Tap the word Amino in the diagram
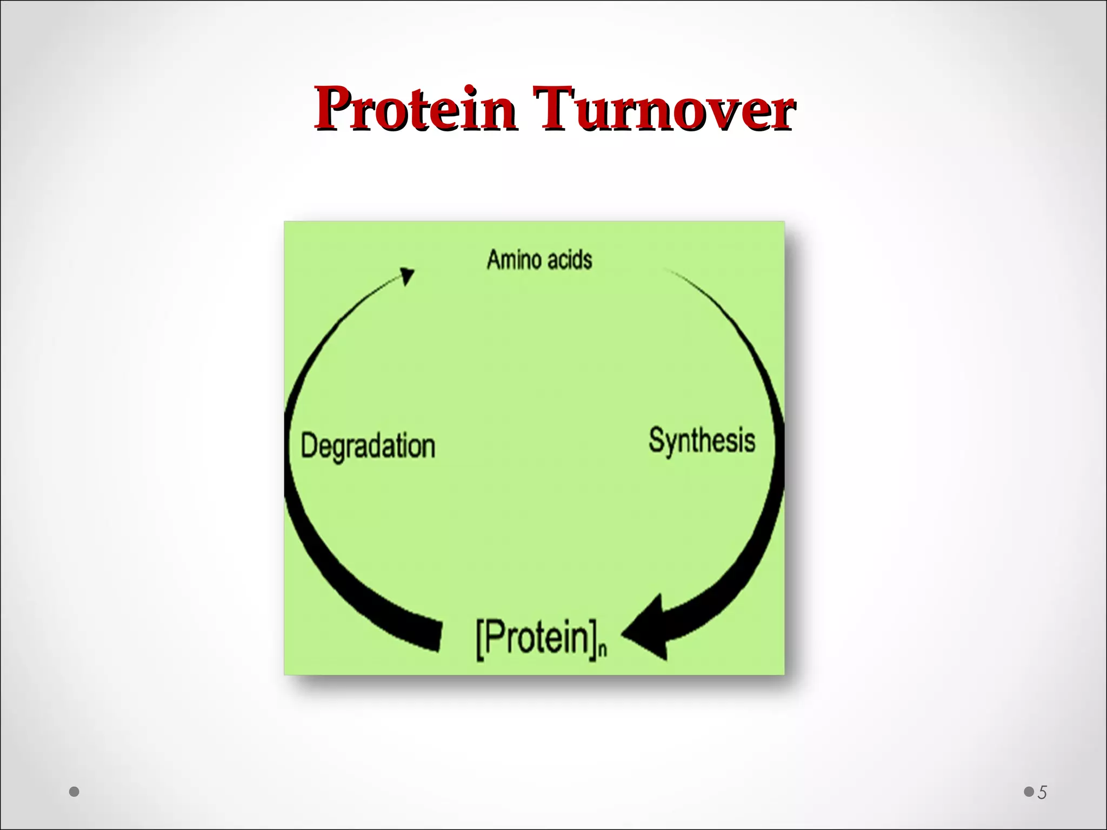(x=510, y=259)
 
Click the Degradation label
(x=368, y=446)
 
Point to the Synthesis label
(x=702, y=440)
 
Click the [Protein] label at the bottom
(x=535, y=639)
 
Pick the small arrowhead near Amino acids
(x=407, y=276)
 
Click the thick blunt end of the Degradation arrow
(x=435, y=635)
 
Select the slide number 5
(x=1042, y=793)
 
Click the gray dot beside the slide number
(x=1028, y=792)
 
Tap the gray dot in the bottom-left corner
(x=74, y=792)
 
